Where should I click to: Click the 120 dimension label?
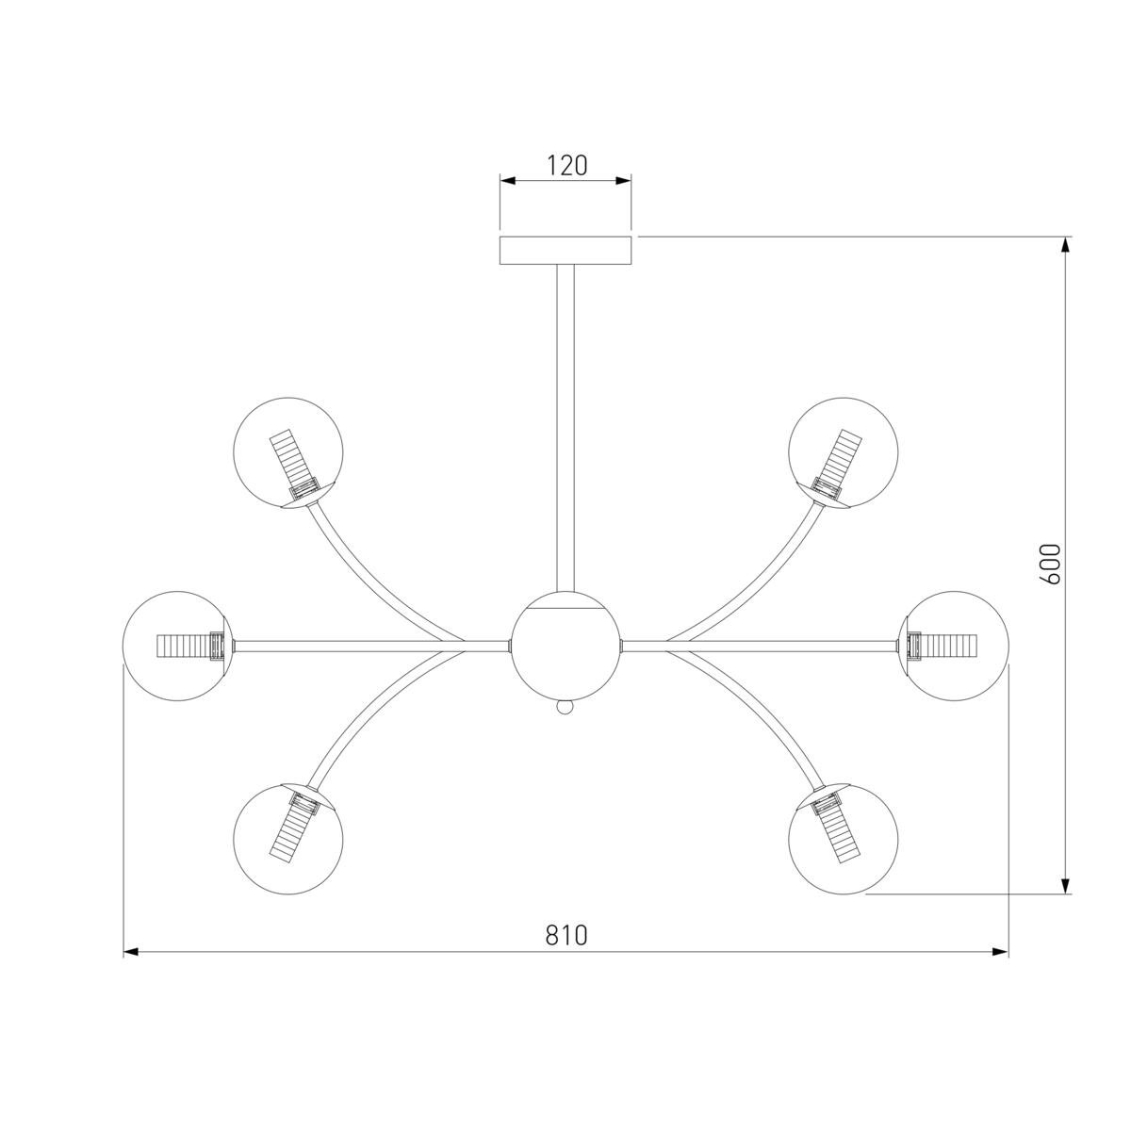(567, 166)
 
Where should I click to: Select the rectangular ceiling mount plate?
(565, 251)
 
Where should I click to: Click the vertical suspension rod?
(565, 428)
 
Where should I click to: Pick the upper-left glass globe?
(288, 452)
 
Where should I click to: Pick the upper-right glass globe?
(843, 452)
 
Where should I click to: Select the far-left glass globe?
(178, 646)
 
